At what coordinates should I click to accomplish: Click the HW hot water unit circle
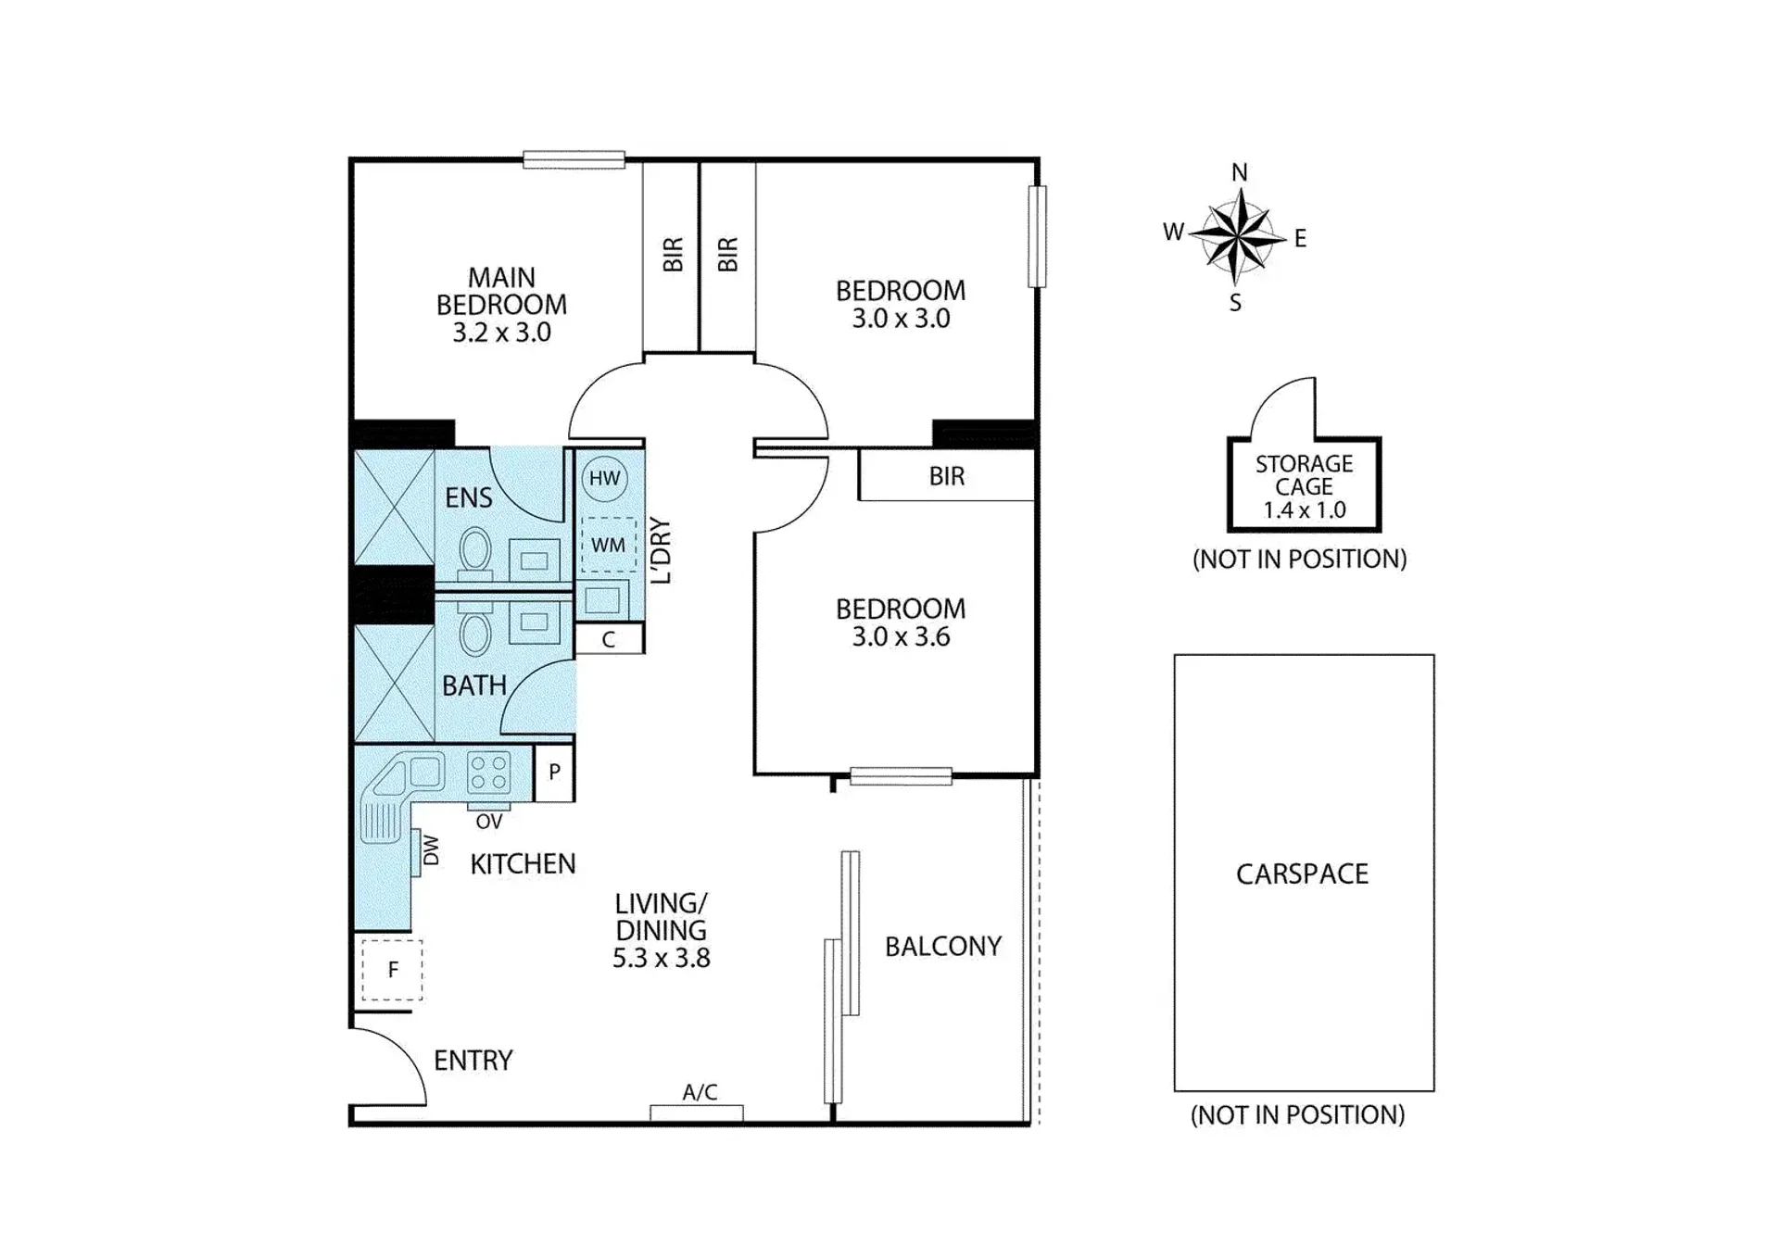click(x=604, y=478)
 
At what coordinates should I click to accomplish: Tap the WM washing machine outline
click(x=608, y=545)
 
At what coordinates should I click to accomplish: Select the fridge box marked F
click(x=392, y=970)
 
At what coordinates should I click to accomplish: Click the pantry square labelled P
click(x=554, y=773)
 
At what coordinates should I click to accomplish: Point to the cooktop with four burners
click(x=488, y=773)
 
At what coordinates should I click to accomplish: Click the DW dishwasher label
click(x=431, y=850)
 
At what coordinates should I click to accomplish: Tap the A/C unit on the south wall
click(x=697, y=1112)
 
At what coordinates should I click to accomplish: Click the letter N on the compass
click(x=1240, y=172)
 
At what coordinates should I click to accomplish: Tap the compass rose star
click(x=1238, y=236)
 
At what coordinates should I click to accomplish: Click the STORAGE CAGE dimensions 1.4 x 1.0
click(x=1304, y=509)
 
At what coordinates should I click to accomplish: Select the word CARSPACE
click(x=1302, y=874)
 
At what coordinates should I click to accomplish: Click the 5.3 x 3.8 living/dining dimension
click(x=661, y=958)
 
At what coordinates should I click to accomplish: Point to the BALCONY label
click(x=943, y=946)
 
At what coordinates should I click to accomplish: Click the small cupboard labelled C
click(x=609, y=639)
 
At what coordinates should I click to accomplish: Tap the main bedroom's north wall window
click(x=574, y=160)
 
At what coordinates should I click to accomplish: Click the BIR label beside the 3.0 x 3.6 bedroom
click(x=947, y=476)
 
